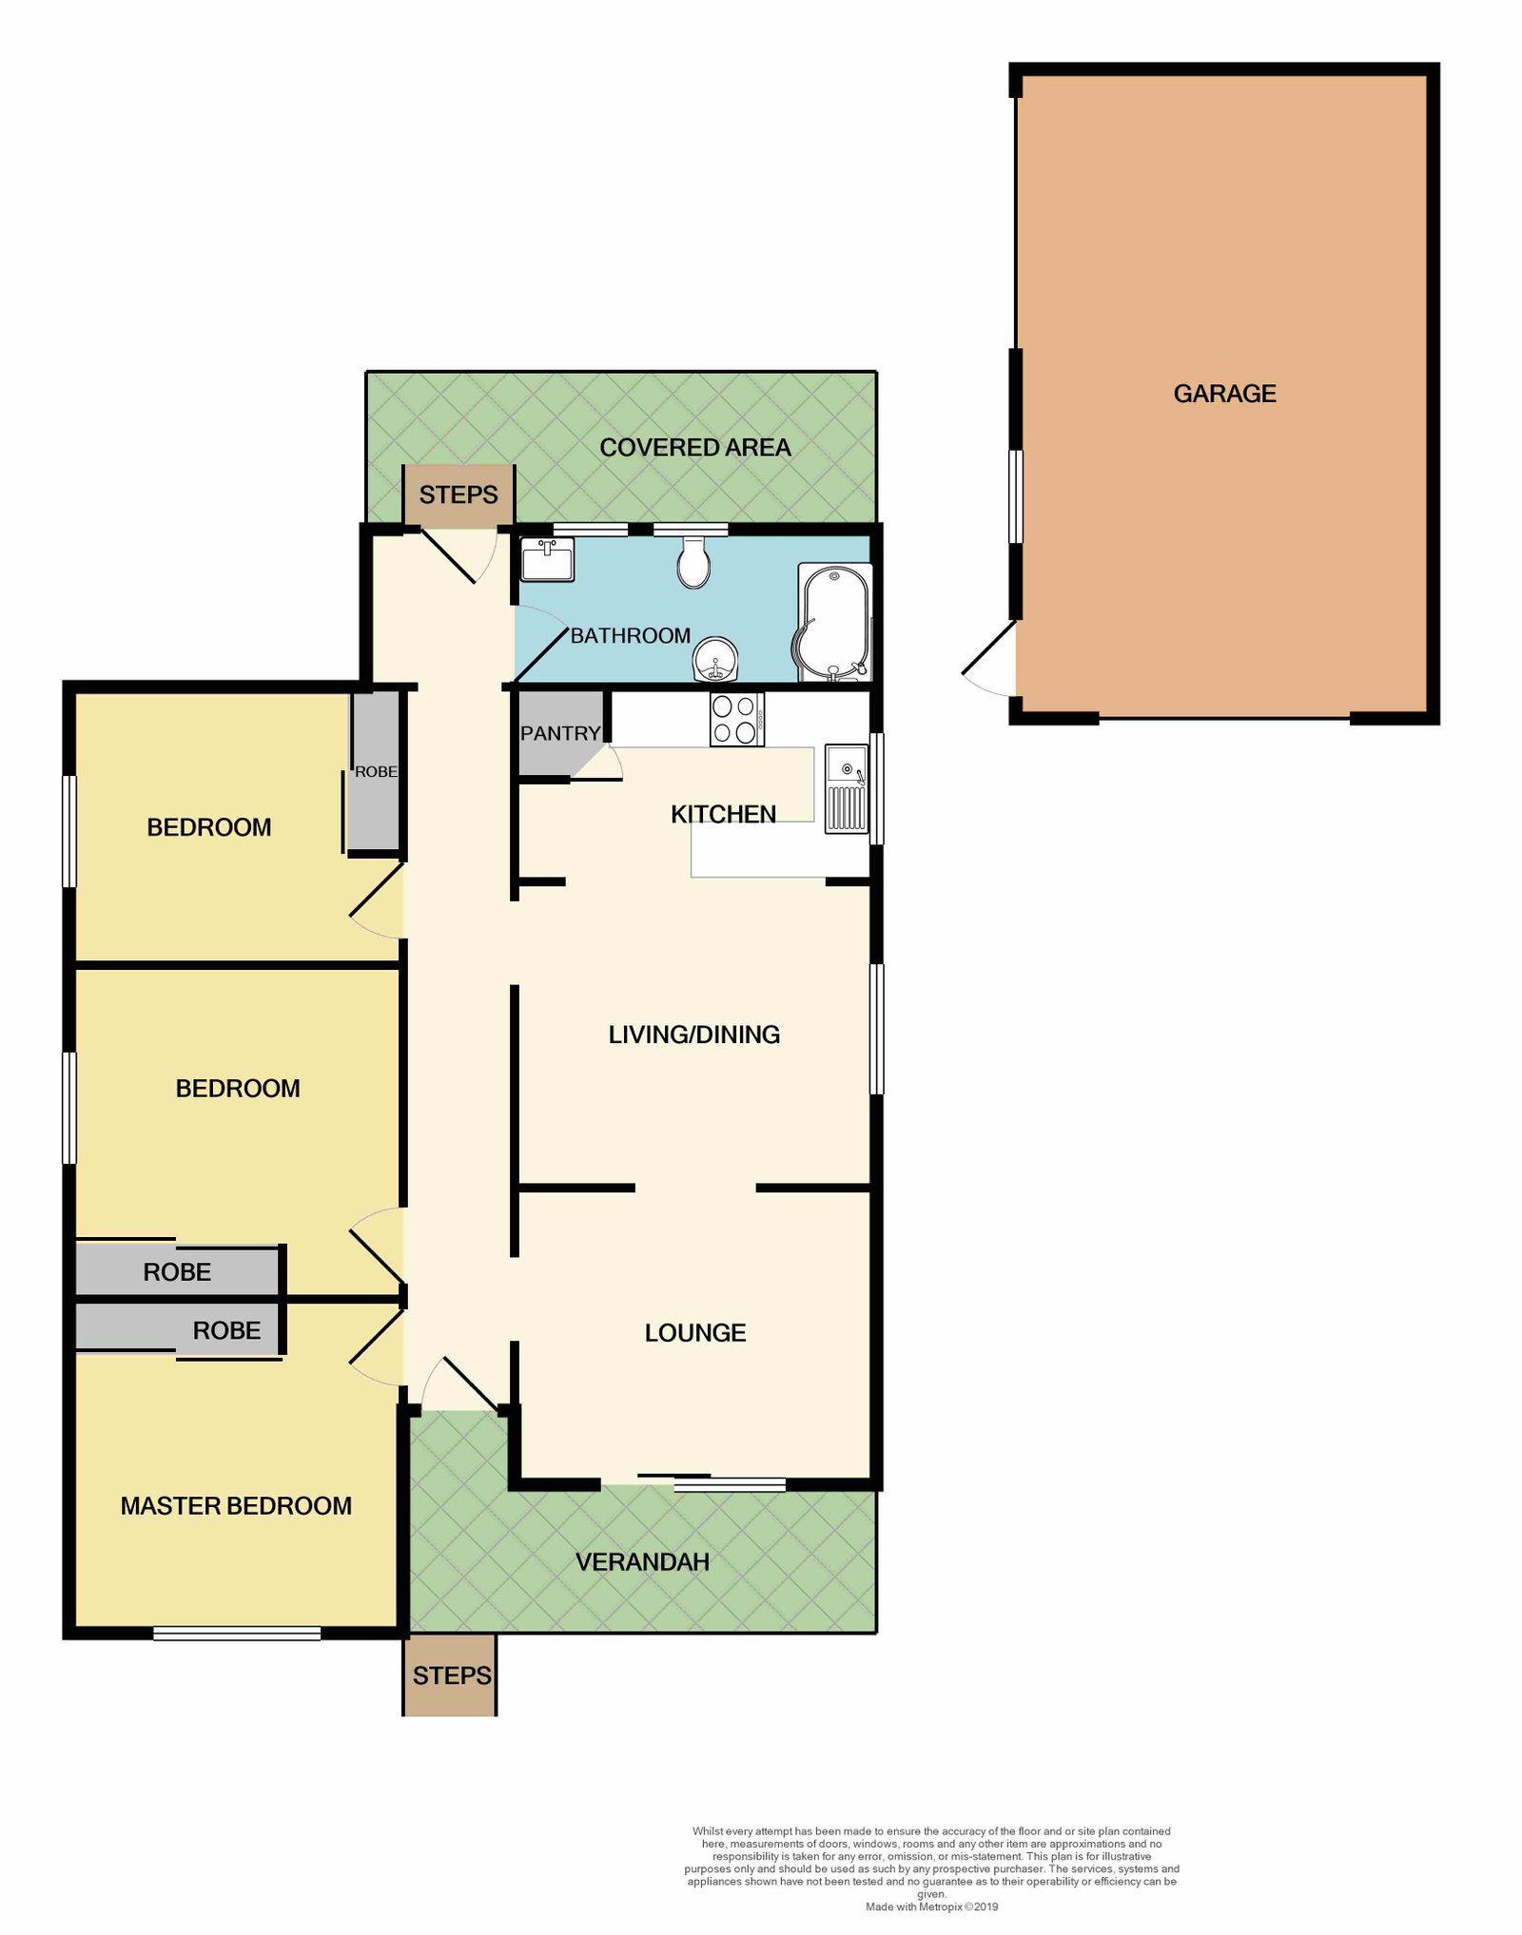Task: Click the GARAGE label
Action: tap(1224, 394)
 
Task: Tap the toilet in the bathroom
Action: tap(693, 562)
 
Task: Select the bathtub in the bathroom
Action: tap(833, 623)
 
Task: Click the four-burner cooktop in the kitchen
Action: tap(736, 719)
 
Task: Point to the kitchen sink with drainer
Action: tap(846, 788)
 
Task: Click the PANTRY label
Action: tap(560, 733)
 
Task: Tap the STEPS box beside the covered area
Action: tap(459, 494)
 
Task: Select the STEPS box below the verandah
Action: tap(451, 1675)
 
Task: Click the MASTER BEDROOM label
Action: tap(236, 1506)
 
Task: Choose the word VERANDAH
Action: tap(642, 1562)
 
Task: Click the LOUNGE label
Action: tap(695, 1333)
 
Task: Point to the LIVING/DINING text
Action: tap(694, 1035)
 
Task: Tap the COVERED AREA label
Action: tap(695, 448)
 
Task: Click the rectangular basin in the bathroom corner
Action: tap(547, 559)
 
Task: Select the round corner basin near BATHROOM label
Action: tap(714, 660)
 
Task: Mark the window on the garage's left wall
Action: tap(1015, 496)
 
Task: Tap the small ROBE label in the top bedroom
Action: tap(376, 772)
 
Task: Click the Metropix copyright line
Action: tap(931, 1906)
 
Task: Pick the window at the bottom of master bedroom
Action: tap(237, 1634)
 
